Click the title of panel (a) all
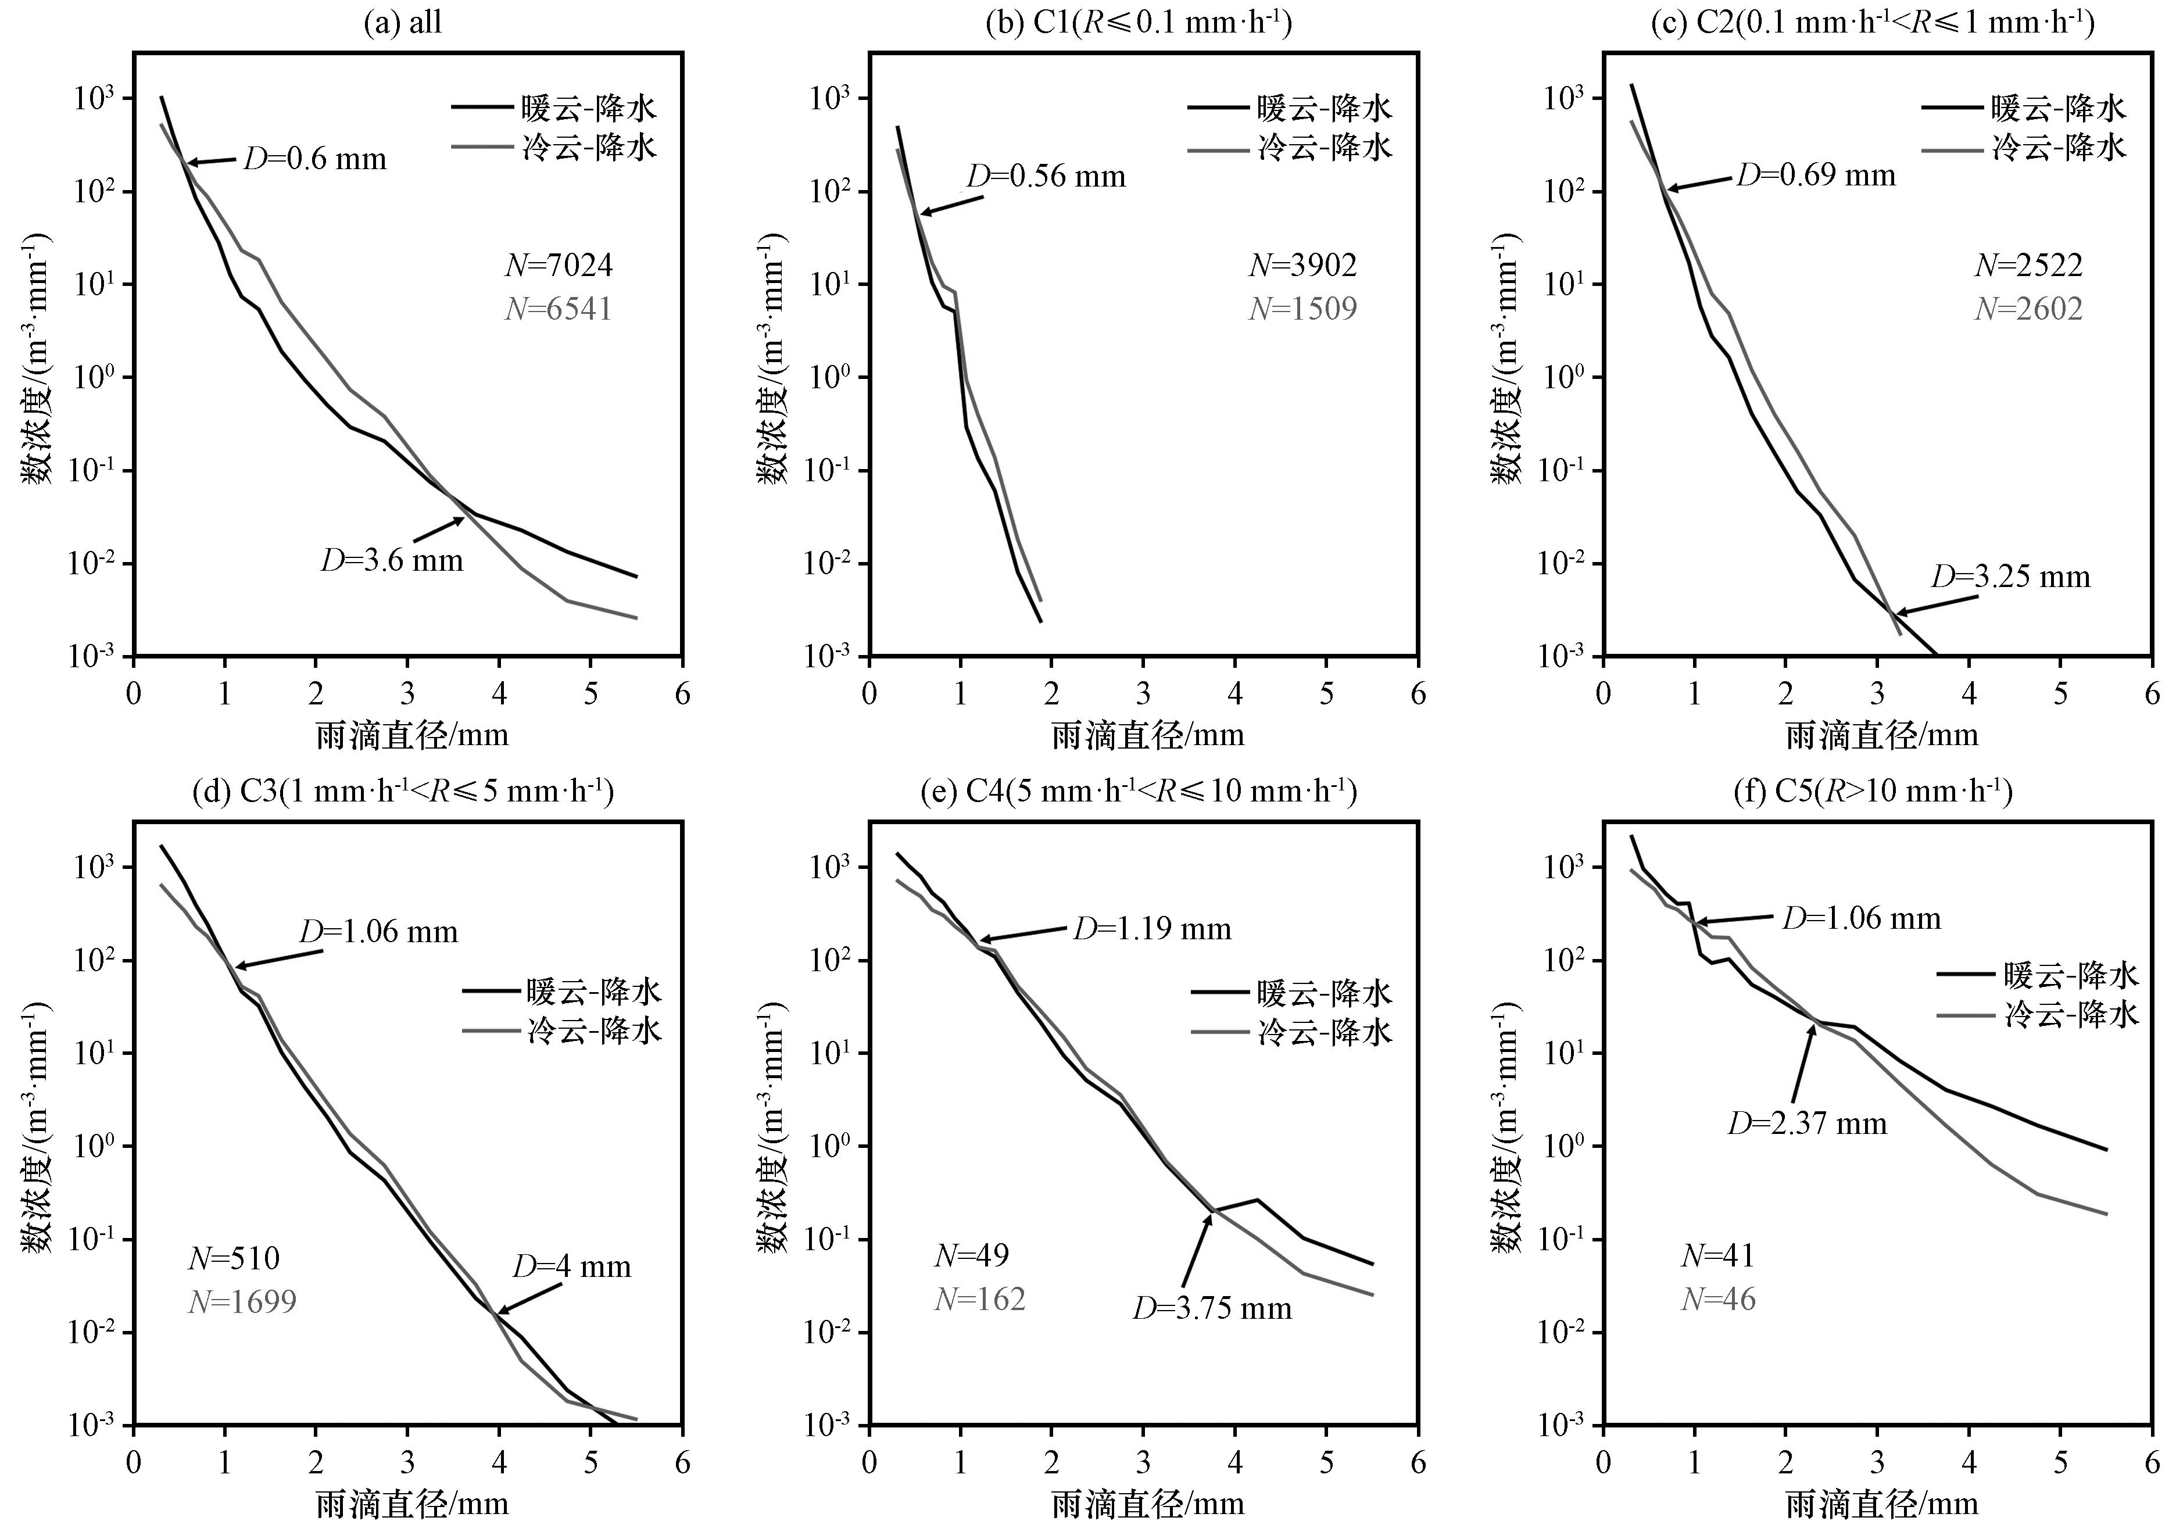click(x=403, y=23)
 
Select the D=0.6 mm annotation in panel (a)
click(x=316, y=158)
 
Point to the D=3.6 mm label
click(x=392, y=560)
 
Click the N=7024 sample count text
click(x=559, y=266)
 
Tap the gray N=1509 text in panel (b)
click(x=1303, y=309)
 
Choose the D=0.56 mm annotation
click(x=1046, y=176)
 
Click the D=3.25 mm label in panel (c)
click(x=2011, y=577)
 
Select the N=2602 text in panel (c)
click(x=2029, y=309)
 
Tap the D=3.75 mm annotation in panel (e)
click(x=1212, y=1308)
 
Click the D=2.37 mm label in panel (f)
click(x=1808, y=1123)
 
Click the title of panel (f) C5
click(x=1873, y=790)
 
